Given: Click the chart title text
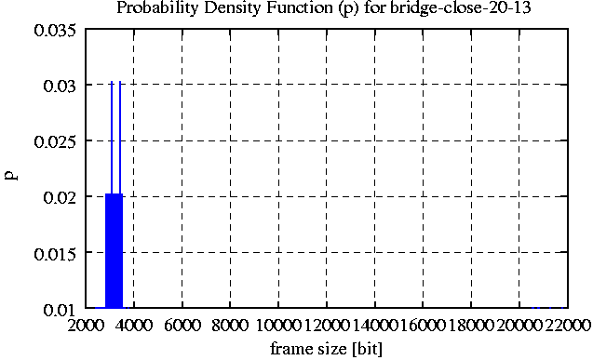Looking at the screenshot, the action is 324,8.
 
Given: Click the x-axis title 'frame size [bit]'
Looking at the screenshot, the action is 327,348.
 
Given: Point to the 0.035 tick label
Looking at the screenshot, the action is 55,30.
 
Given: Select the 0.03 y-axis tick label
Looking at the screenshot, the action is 60,86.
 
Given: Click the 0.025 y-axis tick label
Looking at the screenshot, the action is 55,141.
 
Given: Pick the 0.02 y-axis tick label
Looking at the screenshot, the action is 60,197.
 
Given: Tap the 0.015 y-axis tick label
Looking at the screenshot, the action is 55,253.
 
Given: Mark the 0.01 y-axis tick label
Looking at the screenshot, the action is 60,310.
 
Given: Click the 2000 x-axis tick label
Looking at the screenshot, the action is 86,325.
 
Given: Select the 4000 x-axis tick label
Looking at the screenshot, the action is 134,325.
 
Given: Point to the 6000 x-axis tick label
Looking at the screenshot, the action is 182,325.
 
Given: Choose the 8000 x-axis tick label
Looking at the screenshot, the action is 230,325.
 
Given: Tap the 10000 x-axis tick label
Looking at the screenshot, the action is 278,325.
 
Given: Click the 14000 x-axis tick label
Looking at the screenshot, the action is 375,325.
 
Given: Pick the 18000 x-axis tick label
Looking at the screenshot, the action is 471,325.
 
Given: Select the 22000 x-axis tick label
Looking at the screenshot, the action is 567,325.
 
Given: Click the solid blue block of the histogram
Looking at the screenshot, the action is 114,251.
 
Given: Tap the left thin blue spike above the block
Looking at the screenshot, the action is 112,138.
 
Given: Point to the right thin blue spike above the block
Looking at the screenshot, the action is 120,138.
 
